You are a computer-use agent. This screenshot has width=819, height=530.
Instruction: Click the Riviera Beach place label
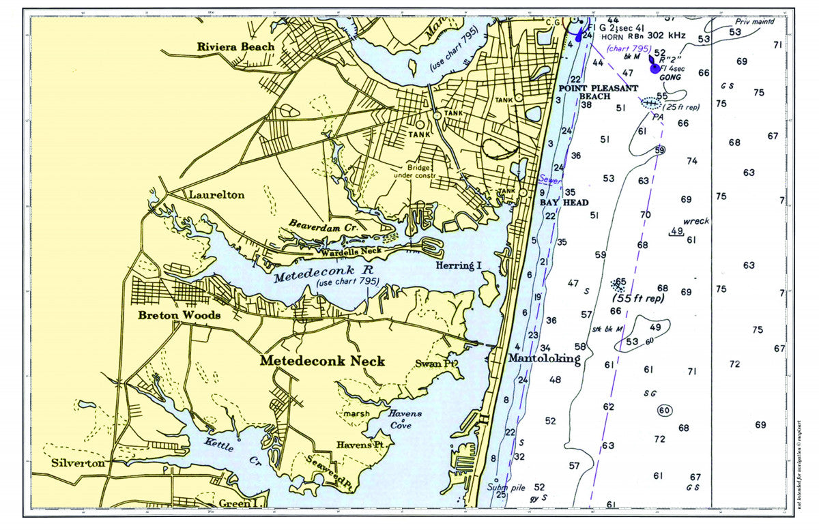coord(235,47)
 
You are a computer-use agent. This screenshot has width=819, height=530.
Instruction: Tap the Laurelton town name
coord(216,195)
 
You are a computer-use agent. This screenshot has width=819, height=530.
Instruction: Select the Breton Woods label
coord(179,315)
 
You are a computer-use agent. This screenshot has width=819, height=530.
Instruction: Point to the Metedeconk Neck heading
coord(322,362)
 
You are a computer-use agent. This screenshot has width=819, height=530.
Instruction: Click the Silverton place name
coord(78,463)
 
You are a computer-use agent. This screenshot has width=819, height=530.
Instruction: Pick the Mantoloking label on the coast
coord(544,358)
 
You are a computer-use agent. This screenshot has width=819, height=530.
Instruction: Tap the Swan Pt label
coord(435,364)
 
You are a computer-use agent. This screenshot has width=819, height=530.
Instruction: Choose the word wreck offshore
coord(696,221)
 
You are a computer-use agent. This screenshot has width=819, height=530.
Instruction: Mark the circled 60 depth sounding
coord(665,410)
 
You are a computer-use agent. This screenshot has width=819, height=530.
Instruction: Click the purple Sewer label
coord(550,181)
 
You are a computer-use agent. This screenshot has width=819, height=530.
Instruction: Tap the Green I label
coord(238,503)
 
